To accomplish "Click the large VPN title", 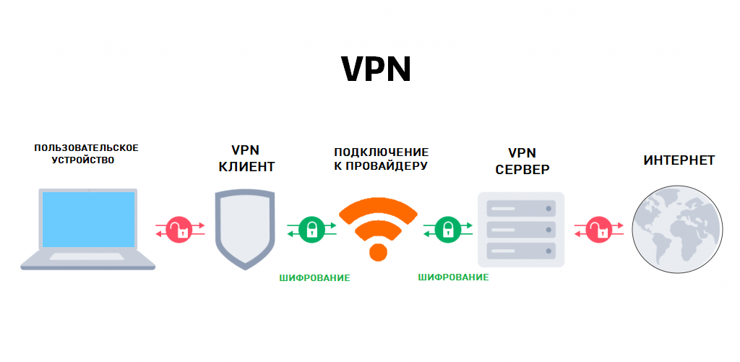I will coord(375,69).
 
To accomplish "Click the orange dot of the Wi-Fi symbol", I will coord(379,251).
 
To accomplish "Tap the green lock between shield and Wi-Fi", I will coord(311,230).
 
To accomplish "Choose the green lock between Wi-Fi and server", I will coord(448,230).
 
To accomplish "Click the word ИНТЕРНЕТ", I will coord(679,160).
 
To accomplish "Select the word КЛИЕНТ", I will coord(246,168).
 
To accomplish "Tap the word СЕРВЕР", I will coord(522,170).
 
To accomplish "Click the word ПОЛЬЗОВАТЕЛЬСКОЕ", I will coord(86,147).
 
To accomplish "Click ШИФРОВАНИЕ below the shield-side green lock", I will coord(314,277).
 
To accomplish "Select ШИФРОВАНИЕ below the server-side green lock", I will coord(453,277).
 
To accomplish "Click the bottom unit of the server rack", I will coord(521,251).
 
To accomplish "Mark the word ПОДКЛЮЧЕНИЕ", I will coord(381,152).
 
